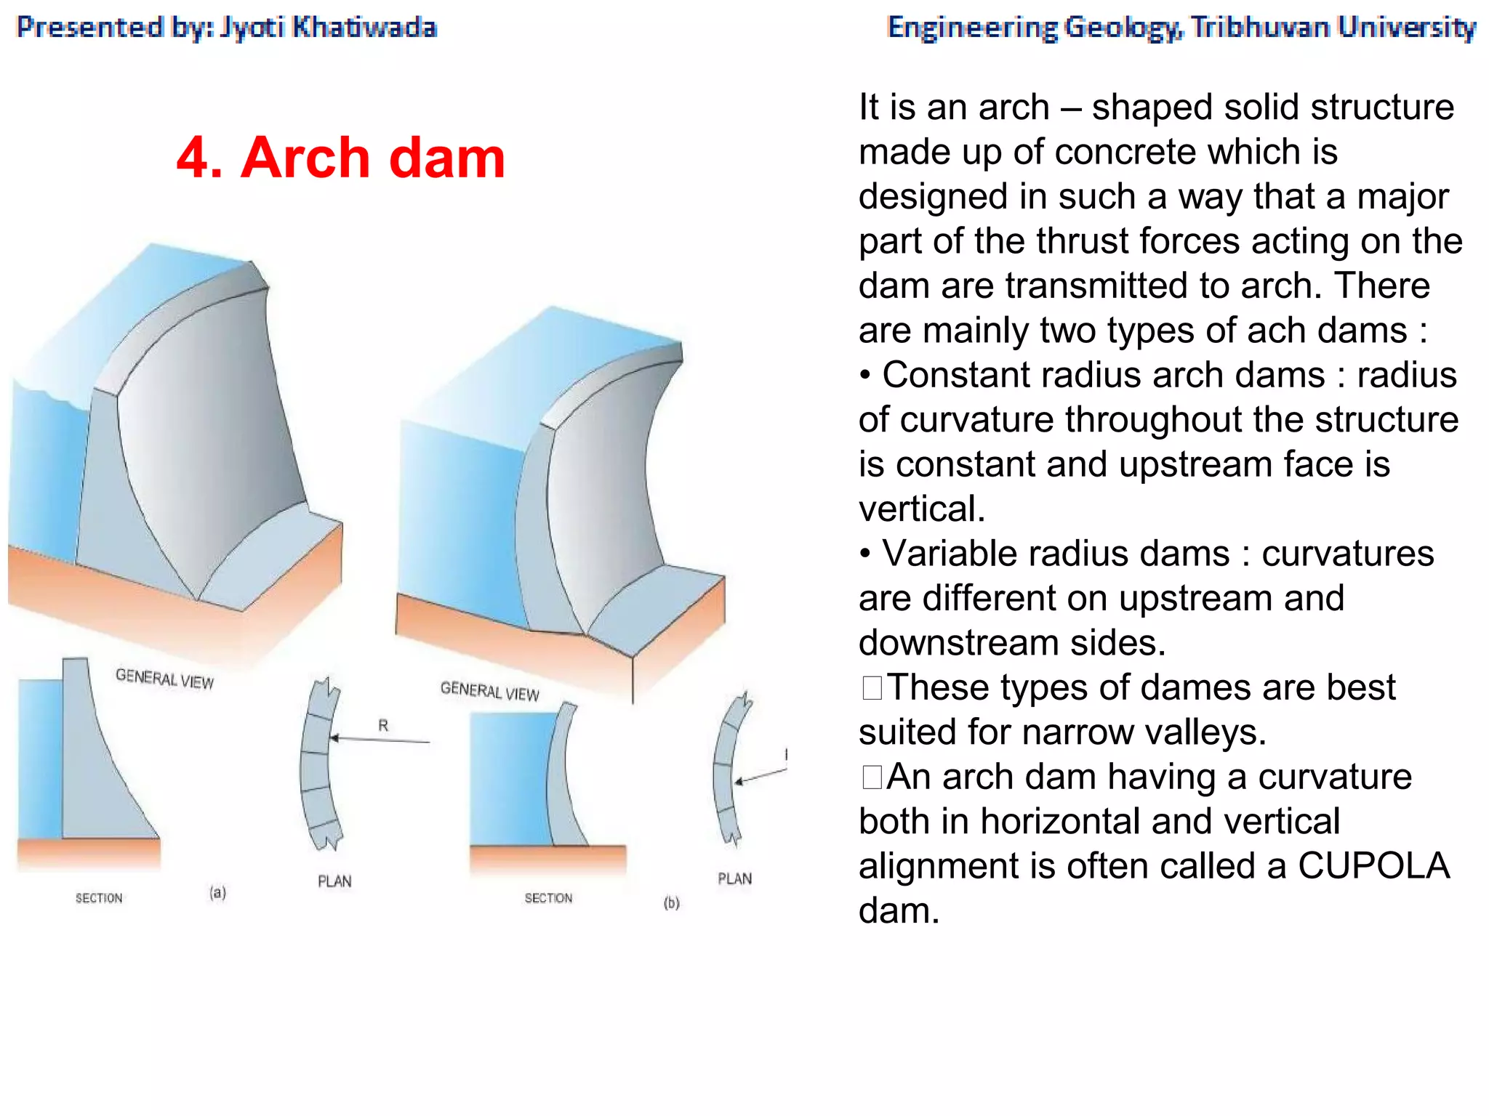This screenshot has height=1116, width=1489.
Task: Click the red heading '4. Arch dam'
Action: tap(340, 158)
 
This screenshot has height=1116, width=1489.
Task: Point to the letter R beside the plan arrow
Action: tap(383, 725)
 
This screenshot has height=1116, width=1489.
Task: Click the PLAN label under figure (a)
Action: tap(334, 881)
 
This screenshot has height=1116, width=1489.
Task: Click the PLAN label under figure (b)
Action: tap(734, 878)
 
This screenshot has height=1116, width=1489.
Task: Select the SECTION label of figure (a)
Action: tap(99, 898)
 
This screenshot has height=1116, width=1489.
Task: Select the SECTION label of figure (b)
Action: tap(548, 898)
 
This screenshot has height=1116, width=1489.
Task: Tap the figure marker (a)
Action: tap(217, 892)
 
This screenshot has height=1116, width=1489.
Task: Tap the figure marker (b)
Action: tap(671, 903)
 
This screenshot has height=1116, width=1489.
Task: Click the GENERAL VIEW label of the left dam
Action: tap(164, 679)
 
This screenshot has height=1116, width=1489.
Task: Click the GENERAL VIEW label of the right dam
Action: tap(489, 691)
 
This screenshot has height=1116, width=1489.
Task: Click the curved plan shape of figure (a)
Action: tap(318, 763)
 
